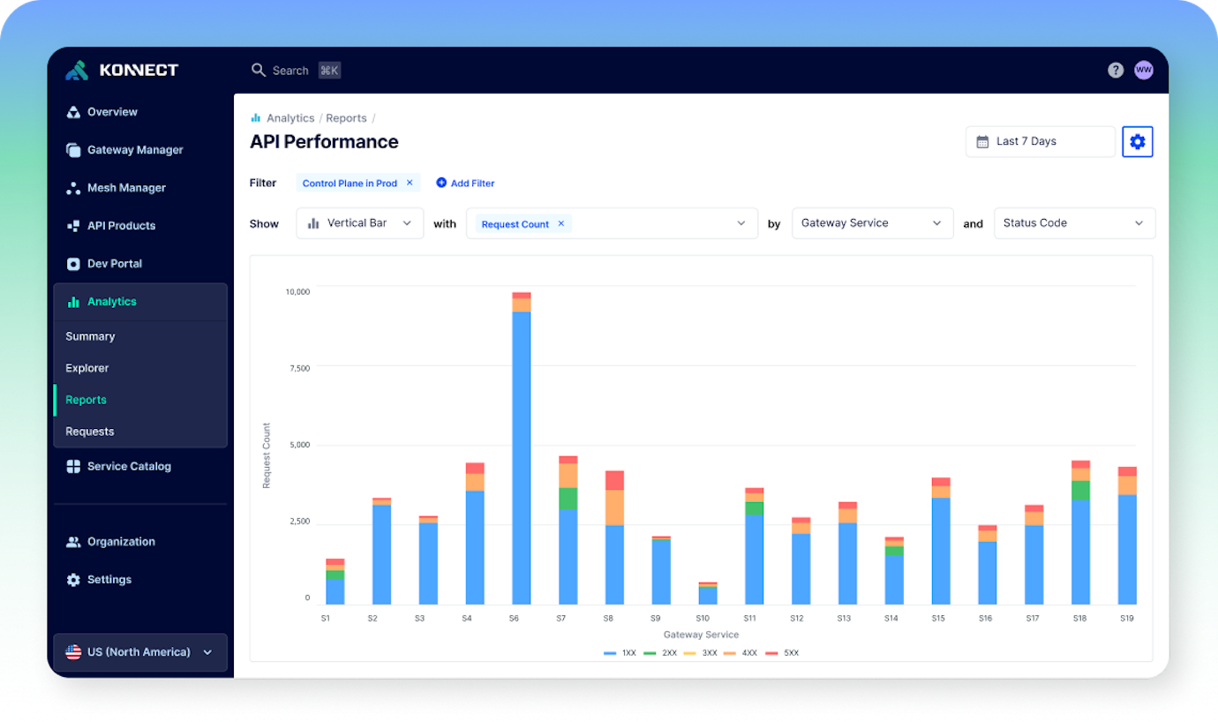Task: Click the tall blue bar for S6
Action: pos(521,459)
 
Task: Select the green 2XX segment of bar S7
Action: pos(568,499)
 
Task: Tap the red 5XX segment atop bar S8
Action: pos(614,480)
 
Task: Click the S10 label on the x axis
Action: pos(703,619)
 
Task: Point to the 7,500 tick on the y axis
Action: pos(299,368)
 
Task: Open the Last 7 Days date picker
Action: pos(1040,141)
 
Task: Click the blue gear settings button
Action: pos(1137,141)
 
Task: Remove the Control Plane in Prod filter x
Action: pos(410,183)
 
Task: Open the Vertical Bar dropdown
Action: pos(359,223)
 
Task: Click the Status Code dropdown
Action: pos(1073,223)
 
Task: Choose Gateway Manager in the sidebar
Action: pos(134,150)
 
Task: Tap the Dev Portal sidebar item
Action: pos(114,264)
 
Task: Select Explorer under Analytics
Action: pos(87,368)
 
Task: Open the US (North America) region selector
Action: pos(139,652)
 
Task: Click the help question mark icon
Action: pos(1116,70)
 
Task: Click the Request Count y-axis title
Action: pos(267,455)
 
